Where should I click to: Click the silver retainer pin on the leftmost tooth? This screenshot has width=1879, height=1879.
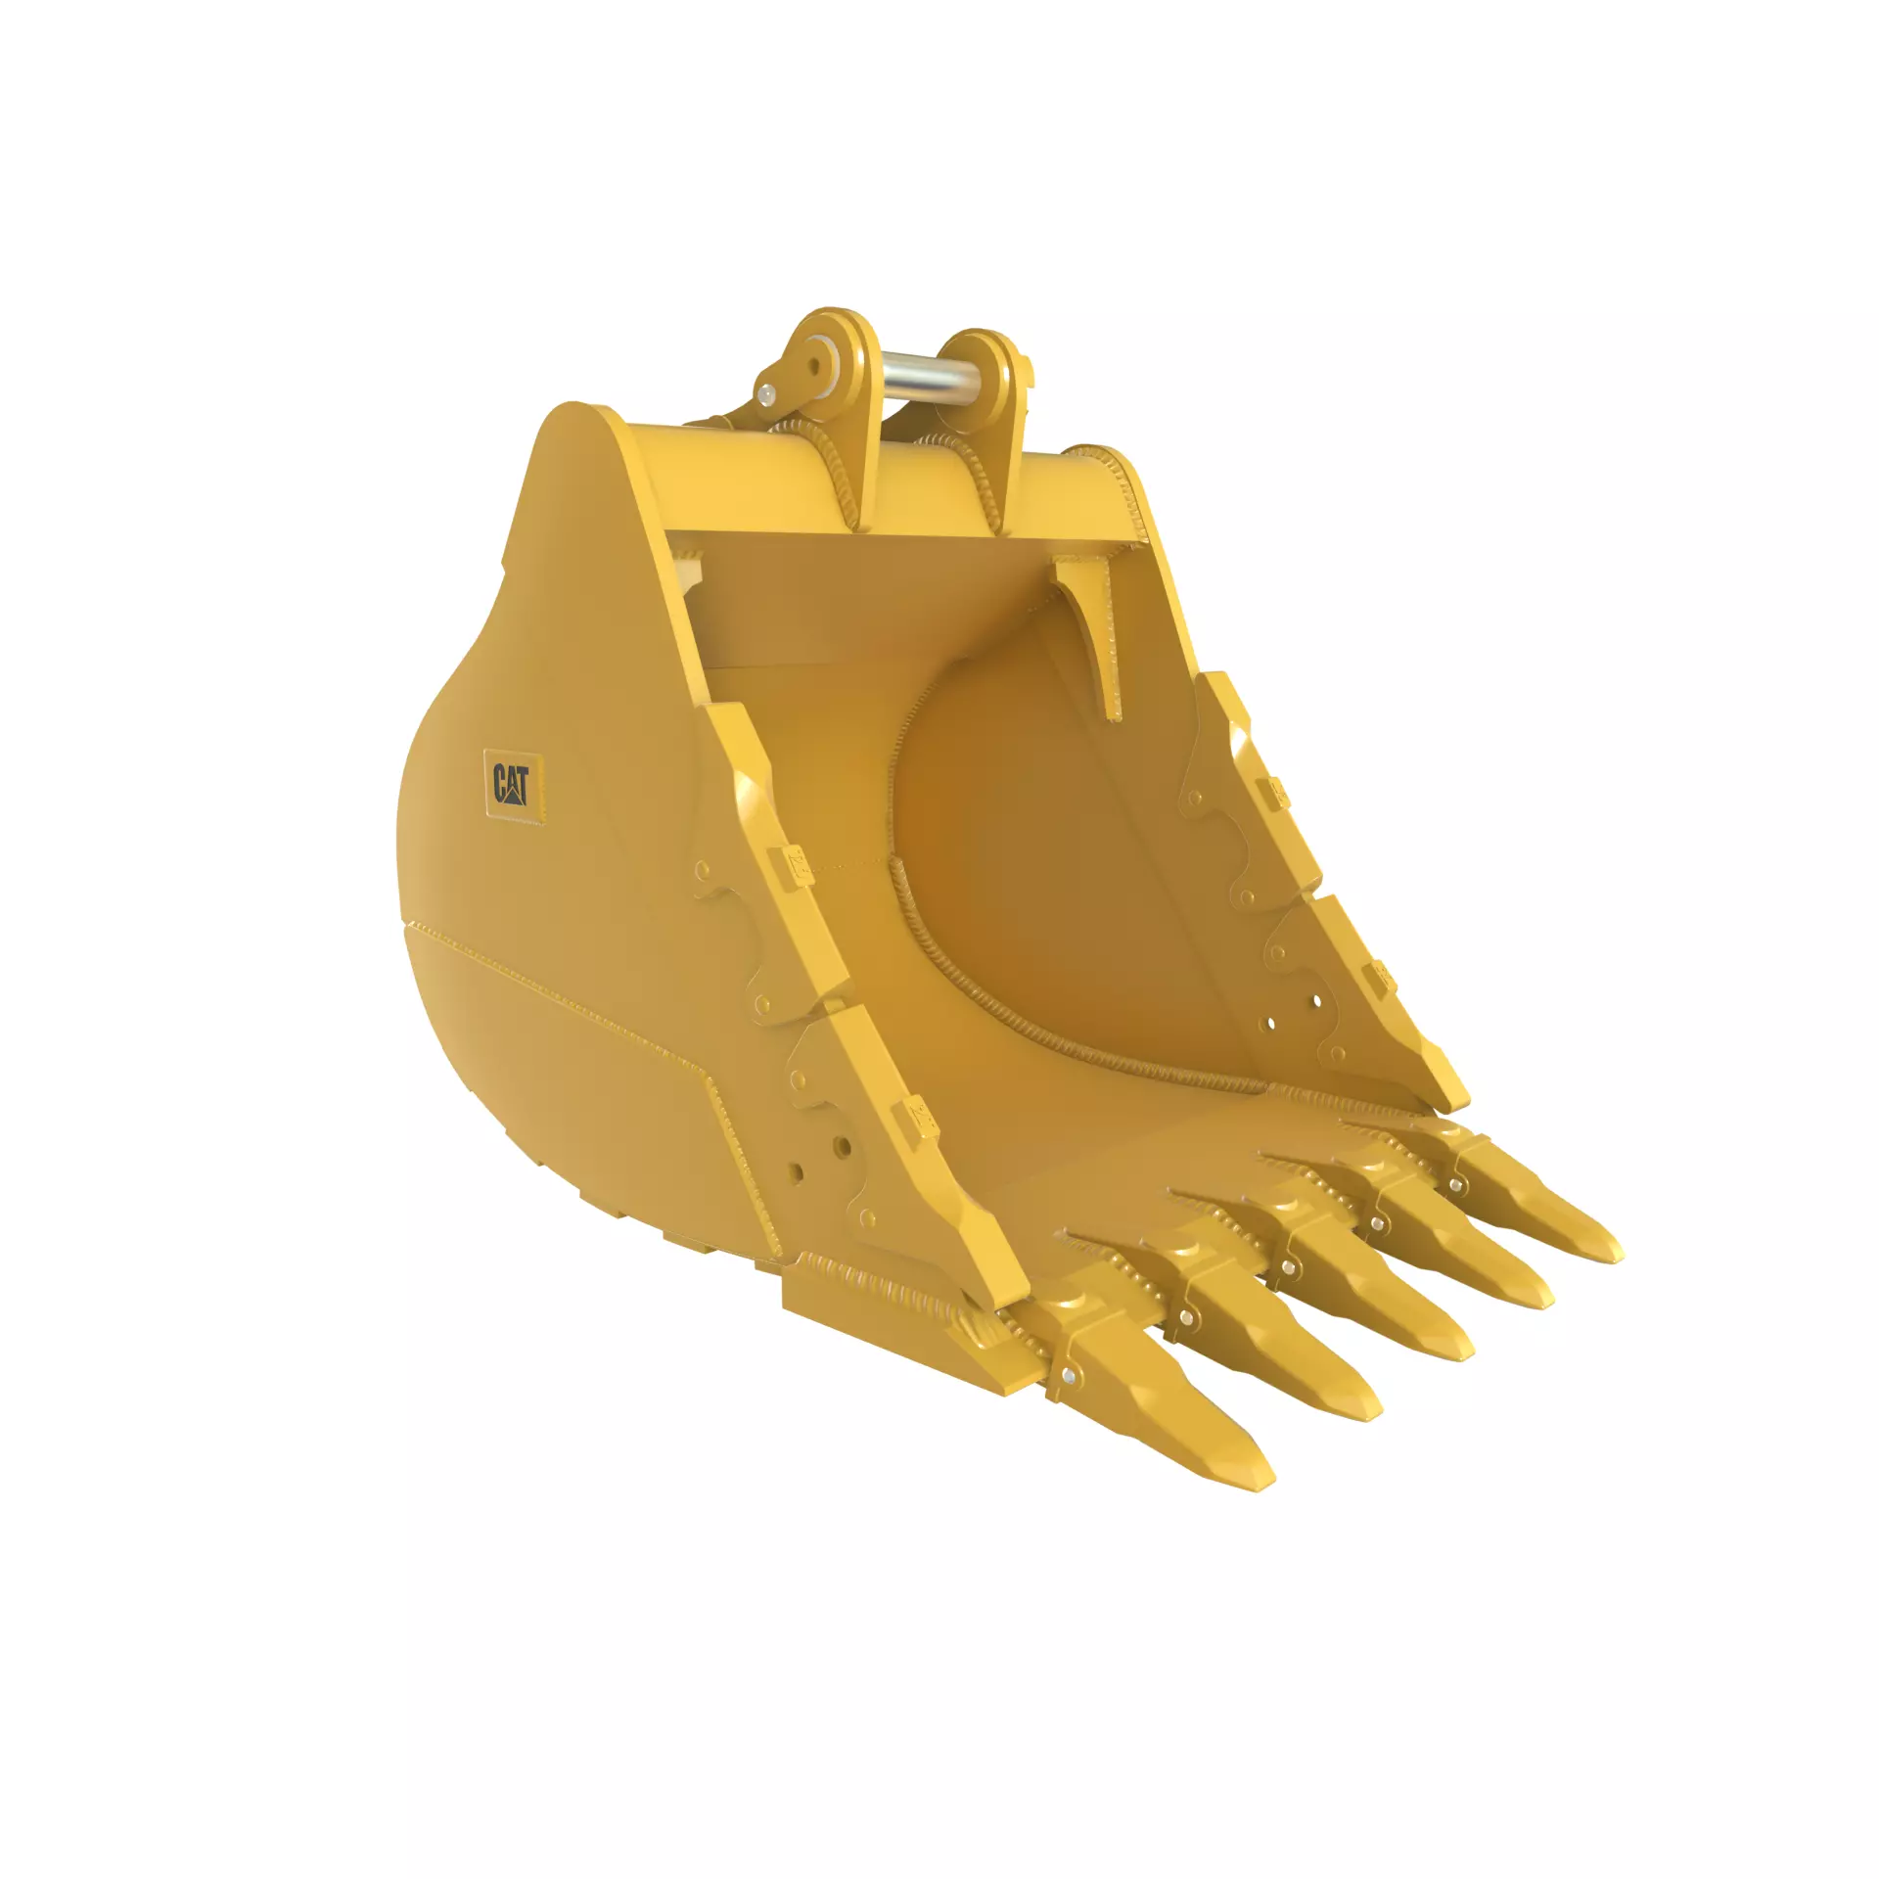1068,1377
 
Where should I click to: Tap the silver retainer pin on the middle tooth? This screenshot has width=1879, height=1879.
1286,1269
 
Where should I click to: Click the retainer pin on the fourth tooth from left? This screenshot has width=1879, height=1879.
1378,1223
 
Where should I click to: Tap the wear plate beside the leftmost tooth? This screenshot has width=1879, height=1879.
881,1302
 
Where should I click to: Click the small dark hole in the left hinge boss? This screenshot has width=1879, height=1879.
815,366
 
